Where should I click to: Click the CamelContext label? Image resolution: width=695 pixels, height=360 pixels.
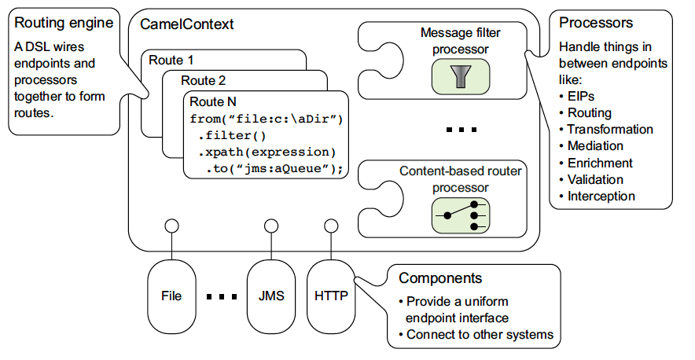point(187,24)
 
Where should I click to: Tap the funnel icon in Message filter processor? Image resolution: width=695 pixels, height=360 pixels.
point(460,75)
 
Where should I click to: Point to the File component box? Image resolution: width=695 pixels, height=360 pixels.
point(171,296)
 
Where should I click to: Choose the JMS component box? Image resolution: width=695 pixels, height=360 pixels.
point(271,296)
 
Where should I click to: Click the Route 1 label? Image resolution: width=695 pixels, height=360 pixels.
point(173,60)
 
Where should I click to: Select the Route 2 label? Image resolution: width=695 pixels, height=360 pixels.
point(203,80)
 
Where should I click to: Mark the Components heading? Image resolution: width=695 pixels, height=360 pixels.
point(440,279)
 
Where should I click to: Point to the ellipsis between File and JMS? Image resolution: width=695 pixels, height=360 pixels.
point(221,297)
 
